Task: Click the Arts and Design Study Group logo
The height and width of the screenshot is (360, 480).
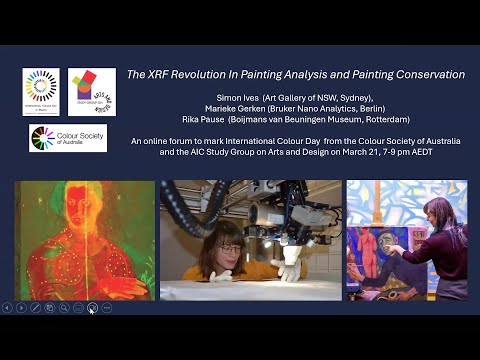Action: (91, 92)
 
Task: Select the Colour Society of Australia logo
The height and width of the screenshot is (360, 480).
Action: (67, 138)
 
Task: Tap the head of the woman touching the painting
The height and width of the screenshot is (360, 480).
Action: (438, 214)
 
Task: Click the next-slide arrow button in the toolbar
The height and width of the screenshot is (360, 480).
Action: (20, 308)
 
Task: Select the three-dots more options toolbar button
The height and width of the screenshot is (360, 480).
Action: (106, 308)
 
